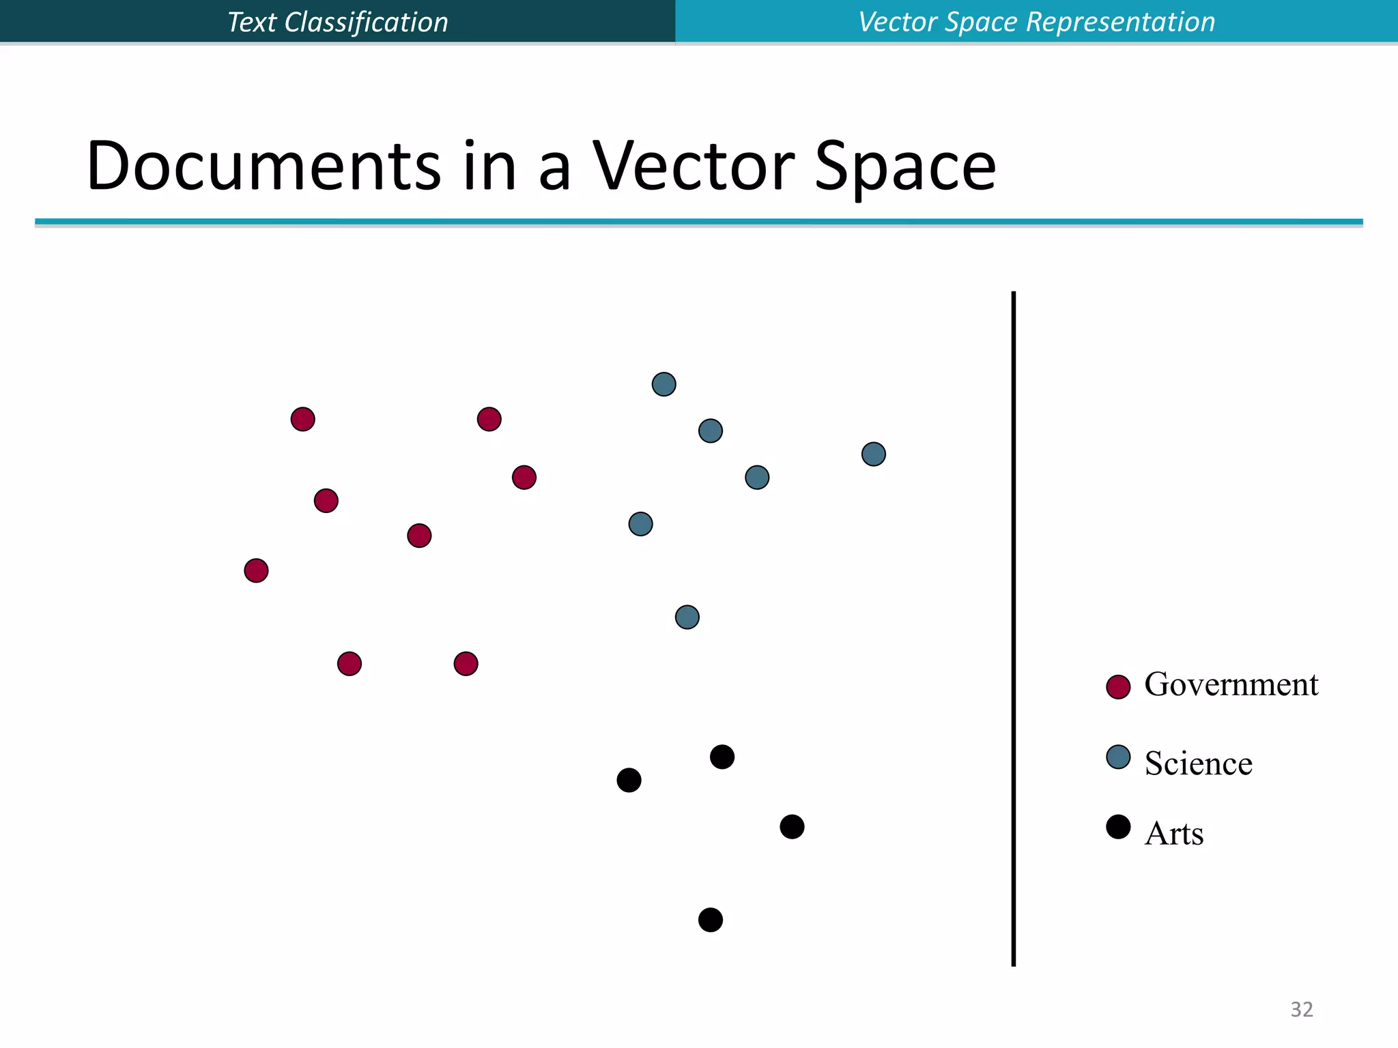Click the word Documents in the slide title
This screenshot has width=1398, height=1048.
(x=263, y=166)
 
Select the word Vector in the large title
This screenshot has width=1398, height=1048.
(x=693, y=166)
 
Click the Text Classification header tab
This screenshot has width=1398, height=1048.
(x=338, y=22)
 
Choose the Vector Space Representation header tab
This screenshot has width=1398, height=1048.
(x=1036, y=22)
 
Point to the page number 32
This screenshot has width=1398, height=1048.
(x=1301, y=1009)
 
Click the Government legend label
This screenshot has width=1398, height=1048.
(x=1231, y=685)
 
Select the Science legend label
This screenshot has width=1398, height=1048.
(x=1198, y=763)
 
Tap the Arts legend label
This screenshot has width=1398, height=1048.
(x=1173, y=834)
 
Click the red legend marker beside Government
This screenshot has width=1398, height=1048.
(x=1118, y=687)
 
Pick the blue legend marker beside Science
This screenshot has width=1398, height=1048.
(x=1118, y=757)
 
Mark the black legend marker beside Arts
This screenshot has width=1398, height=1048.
(x=1118, y=827)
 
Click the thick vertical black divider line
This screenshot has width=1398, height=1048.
(x=1013, y=628)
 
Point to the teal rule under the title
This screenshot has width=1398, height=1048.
(x=698, y=222)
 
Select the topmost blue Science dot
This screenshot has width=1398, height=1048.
(x=664, y=384)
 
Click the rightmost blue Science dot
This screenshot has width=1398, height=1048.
(x=873, y=454)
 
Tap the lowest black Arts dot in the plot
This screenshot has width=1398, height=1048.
(x=710, y=920)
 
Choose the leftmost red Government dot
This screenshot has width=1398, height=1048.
(x=256, y=570)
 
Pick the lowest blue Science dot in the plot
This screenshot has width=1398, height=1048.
(x=687, y=617)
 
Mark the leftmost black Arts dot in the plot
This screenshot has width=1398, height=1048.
(x=629, y=780)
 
